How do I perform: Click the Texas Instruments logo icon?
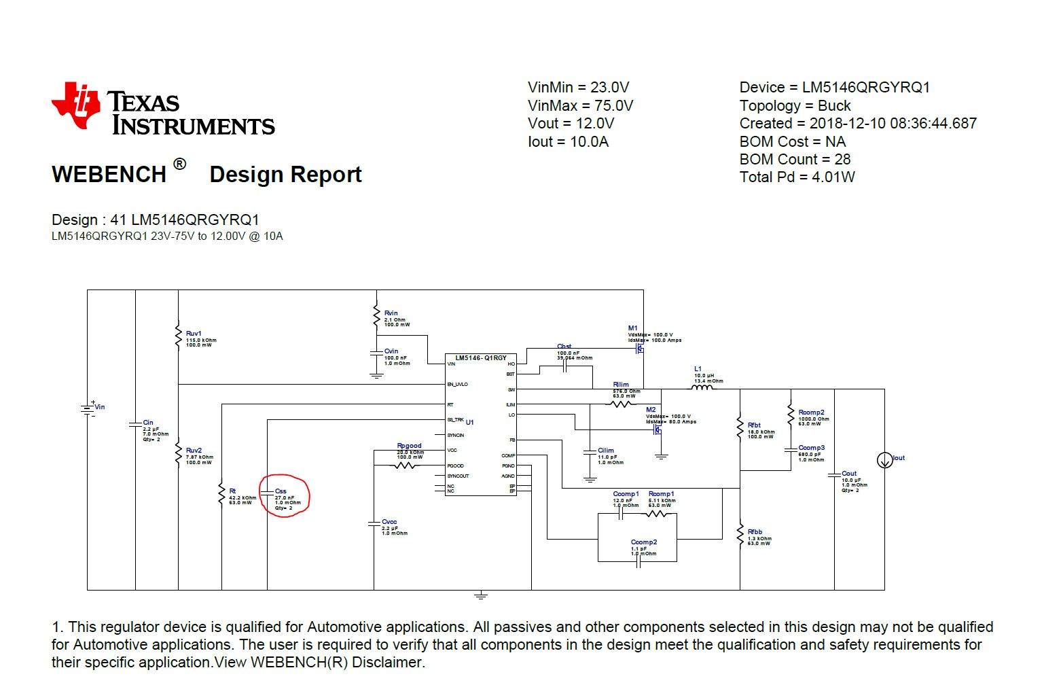76,105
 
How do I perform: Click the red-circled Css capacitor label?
281,491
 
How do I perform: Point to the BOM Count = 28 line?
795,160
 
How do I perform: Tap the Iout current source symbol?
884,461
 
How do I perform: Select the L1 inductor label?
698,369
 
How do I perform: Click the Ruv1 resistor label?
194,334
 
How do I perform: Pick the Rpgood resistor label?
409,446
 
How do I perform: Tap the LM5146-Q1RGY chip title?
481,358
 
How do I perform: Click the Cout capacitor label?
849,474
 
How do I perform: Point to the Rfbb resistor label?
755,532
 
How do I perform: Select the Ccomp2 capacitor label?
643,542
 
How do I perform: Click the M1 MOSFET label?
632,328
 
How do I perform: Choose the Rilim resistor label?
621,385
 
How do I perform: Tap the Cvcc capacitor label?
389,522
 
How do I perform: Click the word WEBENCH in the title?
109,175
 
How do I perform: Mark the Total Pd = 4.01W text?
797,177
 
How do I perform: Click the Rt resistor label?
232,491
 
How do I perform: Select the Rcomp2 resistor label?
811,412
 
